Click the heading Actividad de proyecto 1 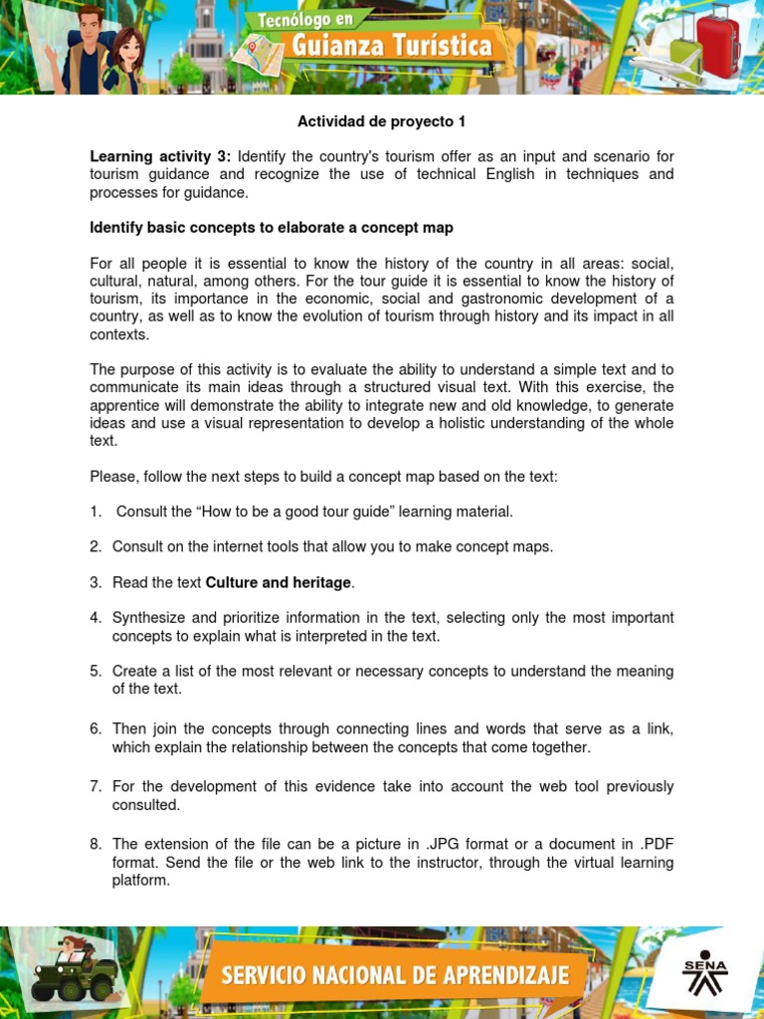[381, 122]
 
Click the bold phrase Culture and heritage [279, 582]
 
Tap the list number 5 [95, 672]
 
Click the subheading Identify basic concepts [272, 228]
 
